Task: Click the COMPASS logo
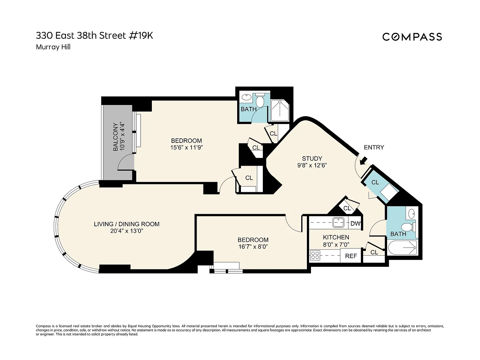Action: pyautogui.click(x=412, y=37)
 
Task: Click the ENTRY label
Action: pyautogui.click(x=374, y=147)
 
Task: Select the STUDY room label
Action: pyautogui.click(x=312, y=158)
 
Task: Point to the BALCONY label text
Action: pyautogui.click(x=115, y=137)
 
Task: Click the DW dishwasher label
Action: pyautogui.click(x=355, y=223)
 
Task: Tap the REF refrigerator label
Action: pyautogui.click(x=351, y=256)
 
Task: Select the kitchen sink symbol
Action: pyautogui.click(x=338, y=222)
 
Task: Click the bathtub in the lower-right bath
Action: pyautogui.click(x=402, y=247)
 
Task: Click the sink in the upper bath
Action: pyautogui.click(x=247, y=97)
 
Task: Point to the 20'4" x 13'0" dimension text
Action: pyautogui.click(x=127, y=231)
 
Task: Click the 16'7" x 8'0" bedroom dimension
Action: pyautogui.click(x=253, y=247)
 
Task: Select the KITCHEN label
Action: pyautogui.click(x=336, y=237)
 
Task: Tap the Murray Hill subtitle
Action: pyautogui.click(x=53, y=47)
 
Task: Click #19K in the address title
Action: pyautogui.click(x=141, y=36)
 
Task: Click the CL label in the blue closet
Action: pyautogui.click(x=375, y=182)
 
